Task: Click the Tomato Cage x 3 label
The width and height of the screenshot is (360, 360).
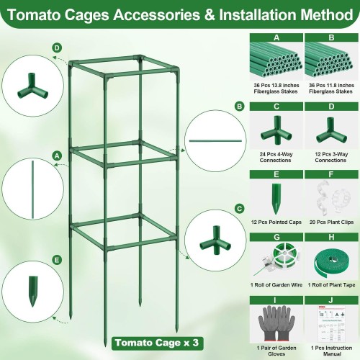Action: (157, 343)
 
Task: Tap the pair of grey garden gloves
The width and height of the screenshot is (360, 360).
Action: (276, 323)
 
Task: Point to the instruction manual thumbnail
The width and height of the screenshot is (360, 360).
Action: (331, 324)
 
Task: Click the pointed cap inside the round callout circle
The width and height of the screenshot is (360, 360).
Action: (32, 292)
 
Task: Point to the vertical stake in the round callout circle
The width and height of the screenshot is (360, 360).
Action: (32, 189)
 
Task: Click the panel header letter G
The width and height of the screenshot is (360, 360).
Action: (276, 237)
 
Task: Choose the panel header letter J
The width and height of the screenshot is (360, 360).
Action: (331, 300)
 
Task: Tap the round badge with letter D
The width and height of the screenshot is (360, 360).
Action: (57, 48)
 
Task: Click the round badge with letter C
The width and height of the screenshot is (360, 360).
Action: (239, 209)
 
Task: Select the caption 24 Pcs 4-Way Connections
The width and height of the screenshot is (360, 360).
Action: (276, 157)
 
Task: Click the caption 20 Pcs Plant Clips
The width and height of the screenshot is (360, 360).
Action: (331, 222)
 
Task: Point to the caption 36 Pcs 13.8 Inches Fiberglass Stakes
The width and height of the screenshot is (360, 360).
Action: (276, 89)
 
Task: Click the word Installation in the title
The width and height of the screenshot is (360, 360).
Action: (258, 15)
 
